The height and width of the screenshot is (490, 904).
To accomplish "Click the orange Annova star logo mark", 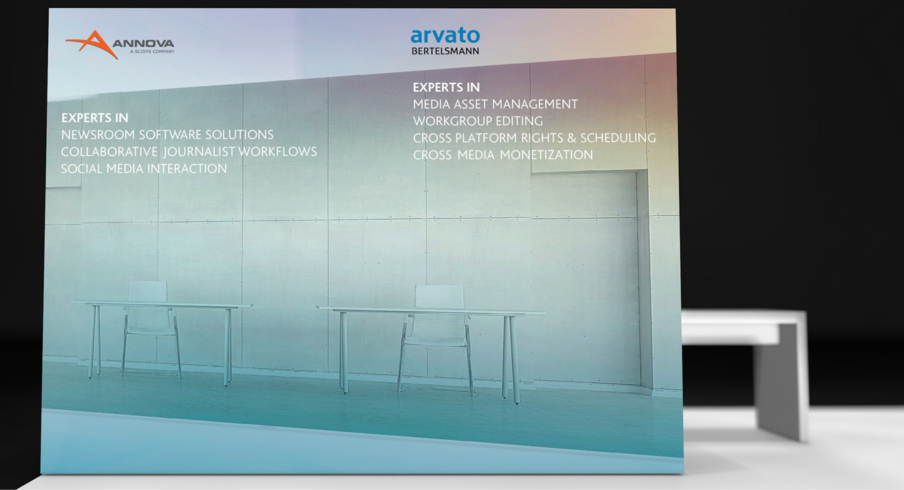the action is [x=94, y=44].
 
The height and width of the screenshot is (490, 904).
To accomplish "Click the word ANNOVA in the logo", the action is [x=143, y=43].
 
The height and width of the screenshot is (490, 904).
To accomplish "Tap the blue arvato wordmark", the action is [x=445, y=35].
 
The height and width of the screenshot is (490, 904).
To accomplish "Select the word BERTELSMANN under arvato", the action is [x=445, y=51].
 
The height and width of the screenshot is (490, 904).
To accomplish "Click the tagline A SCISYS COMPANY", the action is [x=152, y=52].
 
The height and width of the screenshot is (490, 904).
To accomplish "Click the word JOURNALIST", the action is [x=199, y=151].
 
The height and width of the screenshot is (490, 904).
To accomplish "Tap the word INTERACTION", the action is [x=187, y=168].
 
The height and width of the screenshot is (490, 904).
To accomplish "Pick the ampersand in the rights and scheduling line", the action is [x=572, y=138].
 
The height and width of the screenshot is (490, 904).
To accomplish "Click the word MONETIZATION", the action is [x=547, y=155].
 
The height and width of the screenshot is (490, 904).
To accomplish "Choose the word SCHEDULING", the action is [x=618, y=138].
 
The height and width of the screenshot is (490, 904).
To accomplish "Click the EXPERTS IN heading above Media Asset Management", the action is [x=446, y=88].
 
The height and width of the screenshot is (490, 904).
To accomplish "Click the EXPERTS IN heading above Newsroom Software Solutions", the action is [x=95, y=118].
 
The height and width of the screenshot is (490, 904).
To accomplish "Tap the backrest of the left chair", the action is [x=148, y=291].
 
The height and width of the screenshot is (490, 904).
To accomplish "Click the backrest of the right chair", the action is [x=439, y=297].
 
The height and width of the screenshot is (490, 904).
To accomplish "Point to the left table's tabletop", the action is [x=162, y=304].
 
